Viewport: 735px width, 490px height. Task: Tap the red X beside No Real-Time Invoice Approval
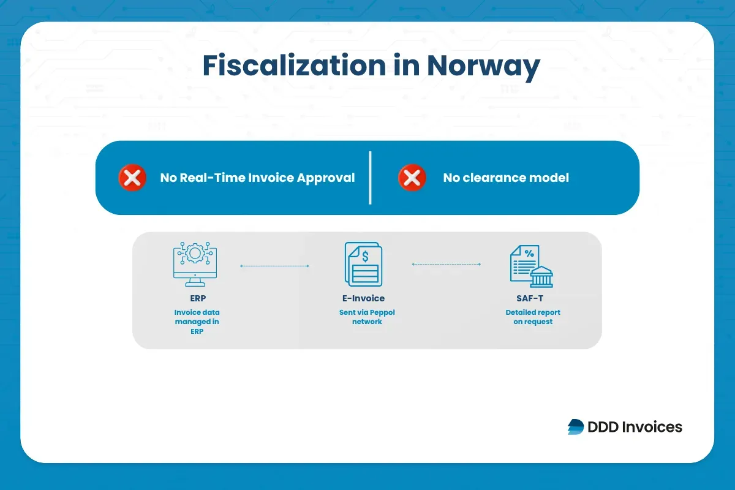pos(132,178)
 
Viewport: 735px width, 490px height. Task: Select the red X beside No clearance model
pos(412,178)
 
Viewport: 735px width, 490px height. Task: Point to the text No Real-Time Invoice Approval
pos(257,178)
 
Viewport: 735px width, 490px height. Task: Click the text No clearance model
pos(506,178)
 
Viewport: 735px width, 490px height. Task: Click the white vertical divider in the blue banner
pos(370,178)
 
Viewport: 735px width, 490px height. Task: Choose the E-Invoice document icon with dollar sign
pos(363,264)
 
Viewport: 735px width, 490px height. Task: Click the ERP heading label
pos(197,299)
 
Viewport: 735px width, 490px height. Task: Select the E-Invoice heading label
pos(363,299)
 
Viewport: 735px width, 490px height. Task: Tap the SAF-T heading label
pos(532,299)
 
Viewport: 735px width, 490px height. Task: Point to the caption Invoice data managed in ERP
pos(197,322)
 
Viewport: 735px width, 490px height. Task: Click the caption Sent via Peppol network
pos(367,317)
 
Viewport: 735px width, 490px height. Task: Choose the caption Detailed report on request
pos(533,317)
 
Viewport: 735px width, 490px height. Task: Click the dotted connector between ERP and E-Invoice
pos(274,266)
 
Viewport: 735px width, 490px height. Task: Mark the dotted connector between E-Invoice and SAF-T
pos(446,264)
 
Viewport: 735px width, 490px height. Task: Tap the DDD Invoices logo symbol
pos(576,427)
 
